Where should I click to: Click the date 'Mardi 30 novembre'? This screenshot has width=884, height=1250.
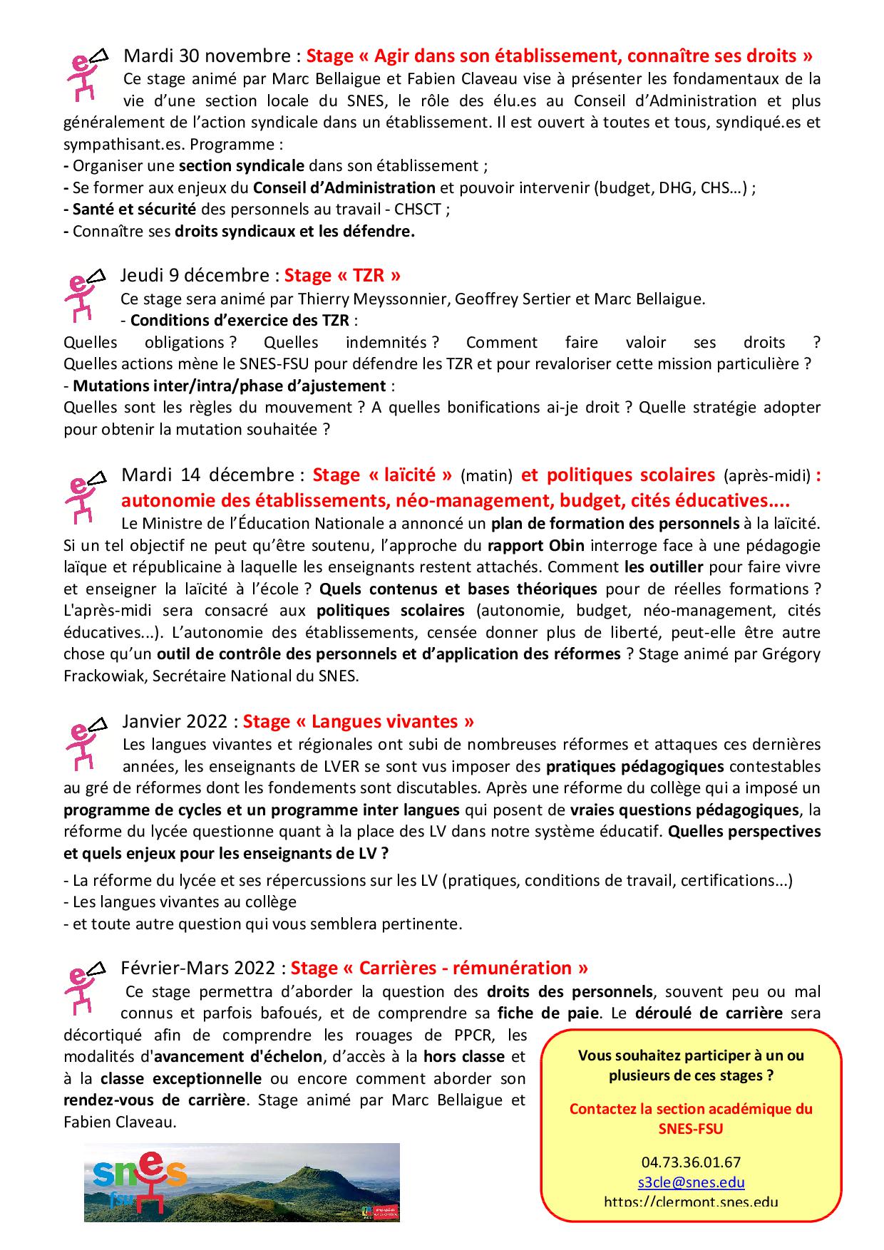pos(207,56)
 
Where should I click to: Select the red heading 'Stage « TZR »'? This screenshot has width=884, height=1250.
pos(342,275)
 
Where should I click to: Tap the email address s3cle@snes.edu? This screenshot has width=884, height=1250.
pos(691,1182)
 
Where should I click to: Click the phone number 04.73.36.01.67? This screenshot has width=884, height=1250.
pos(691,1162)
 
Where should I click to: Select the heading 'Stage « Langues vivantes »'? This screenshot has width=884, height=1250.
pos(358,721)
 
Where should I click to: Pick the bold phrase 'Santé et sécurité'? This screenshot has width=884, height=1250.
pos(134,210)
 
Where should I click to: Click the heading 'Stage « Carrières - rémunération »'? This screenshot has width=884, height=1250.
pos(439,968)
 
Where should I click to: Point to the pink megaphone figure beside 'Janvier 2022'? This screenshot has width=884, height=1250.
pos(84,743)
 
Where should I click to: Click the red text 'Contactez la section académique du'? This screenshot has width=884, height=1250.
pos(691,1109)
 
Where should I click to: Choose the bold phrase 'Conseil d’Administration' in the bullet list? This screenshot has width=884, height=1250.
pos(344,188)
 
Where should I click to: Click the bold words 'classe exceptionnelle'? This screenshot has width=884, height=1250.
pos(181,1078)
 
